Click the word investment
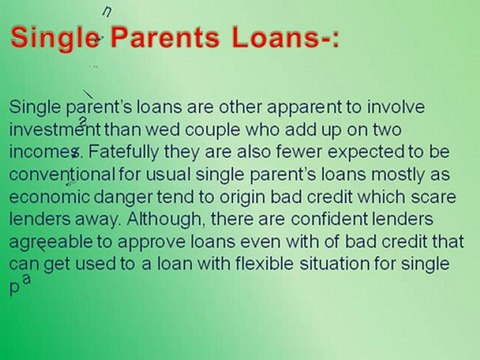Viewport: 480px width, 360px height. coord(54,130)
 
